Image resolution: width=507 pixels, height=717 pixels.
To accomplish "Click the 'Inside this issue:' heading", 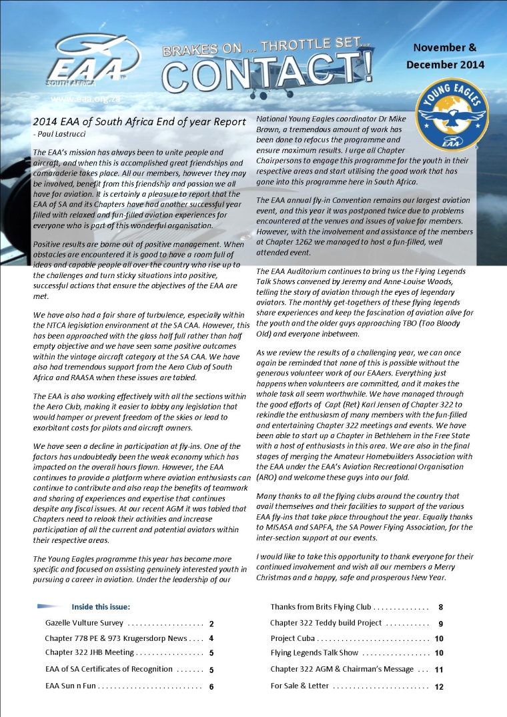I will click(100, 606).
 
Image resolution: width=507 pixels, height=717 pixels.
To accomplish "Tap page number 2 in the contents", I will click(211, 624).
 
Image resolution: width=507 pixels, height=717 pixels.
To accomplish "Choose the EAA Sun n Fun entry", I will click(71, 685).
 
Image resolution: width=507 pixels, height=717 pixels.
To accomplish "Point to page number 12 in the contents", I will click(439, 686).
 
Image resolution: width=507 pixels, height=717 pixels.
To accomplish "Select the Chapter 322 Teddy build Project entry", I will click(326, 623).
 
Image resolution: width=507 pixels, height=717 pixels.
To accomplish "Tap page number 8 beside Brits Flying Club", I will click(441, 608).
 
